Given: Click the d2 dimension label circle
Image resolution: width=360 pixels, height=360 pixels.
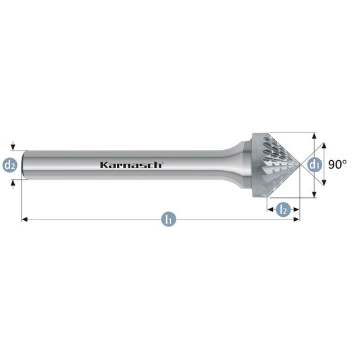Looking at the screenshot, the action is (10, 165).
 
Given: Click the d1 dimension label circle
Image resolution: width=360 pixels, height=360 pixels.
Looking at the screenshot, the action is (315, 165).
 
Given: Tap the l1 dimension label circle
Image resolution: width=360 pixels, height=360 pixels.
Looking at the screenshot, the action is (169, 220).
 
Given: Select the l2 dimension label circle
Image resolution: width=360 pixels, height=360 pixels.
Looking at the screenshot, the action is (283, 209).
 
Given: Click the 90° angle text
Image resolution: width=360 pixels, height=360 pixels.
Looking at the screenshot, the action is (337, 164).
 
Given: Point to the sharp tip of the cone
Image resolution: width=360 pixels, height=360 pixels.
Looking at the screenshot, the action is (300, 165).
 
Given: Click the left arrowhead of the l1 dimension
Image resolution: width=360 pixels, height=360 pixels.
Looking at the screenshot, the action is (24, 220).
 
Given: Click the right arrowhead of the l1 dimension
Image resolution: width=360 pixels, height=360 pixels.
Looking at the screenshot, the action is (297, 220).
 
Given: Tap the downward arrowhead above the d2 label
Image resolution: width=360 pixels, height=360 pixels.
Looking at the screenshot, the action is (13, 147).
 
